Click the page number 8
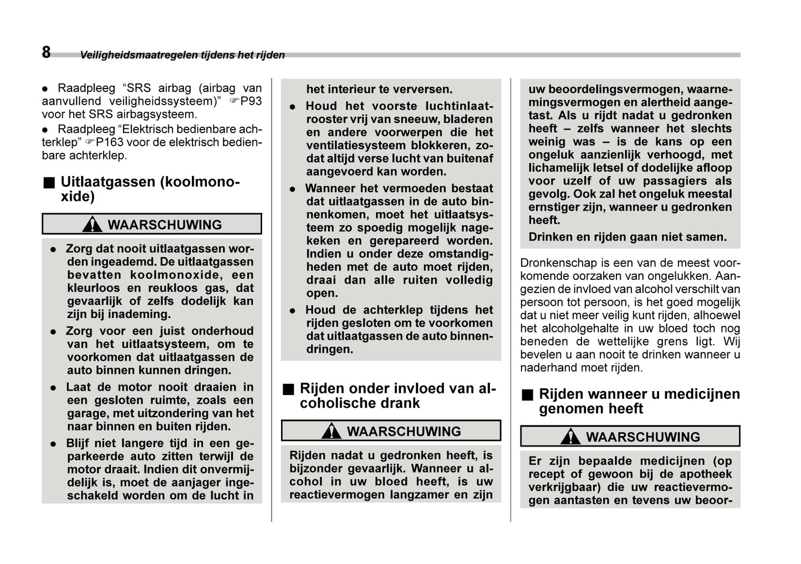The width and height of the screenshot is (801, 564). pos(46,52)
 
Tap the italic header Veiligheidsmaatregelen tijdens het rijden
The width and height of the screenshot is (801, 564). pos(182,55)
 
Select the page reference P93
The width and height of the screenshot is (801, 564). pos(250,101)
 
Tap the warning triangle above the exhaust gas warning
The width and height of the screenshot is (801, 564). pos(91,224)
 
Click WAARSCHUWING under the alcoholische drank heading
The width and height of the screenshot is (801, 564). pos(404,431)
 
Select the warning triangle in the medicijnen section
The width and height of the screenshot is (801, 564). pos(570,437)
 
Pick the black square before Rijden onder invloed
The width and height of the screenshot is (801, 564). pos(288,389)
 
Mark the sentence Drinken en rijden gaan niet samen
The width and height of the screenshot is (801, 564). pos(627,237)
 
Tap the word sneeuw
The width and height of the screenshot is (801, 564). pos(415,119)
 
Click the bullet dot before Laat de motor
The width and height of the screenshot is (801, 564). pos(53,388)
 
